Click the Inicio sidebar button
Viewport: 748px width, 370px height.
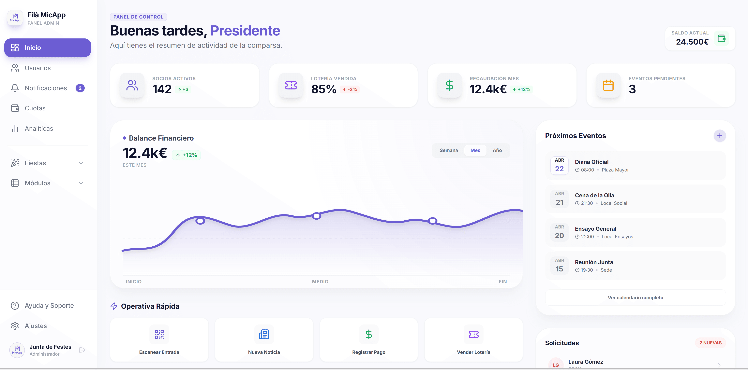pyautogui.click(x=47, y=48)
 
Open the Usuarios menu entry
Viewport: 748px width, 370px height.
pyautogui.click(x=37, y=68)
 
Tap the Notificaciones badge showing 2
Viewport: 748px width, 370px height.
pyautogui.click(x=80, y=88)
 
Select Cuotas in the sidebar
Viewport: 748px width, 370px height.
pyautogui.click(x=35, y=108)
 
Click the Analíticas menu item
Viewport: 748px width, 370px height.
pyautogui.click(x=39, y=129)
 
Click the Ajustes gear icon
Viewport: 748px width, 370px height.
pyautogui.click(x=15, y=326)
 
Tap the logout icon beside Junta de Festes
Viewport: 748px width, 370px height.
pyautogui.click(x=82, y=350)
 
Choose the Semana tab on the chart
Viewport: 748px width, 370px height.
pyautogui.click(x=448, y=150)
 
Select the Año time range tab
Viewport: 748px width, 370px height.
pyautogui.click(x=497, y=150)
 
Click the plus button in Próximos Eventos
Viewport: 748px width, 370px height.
pyautogui.click(x=720, y=136)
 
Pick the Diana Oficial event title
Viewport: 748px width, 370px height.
pyautogui.click(x=591, y=162)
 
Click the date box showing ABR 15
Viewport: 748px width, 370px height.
pyautogui.click(x=559, y=265)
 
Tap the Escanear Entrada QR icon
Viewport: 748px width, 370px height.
pyautogui.click(x=159, y=334)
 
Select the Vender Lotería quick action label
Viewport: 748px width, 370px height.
pyautogui.click(x=473, y=352)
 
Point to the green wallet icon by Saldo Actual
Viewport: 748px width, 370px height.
pyautogui.click(x=721, y=38)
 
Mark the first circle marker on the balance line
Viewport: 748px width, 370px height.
pyautogui.click(x=200, y=221)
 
